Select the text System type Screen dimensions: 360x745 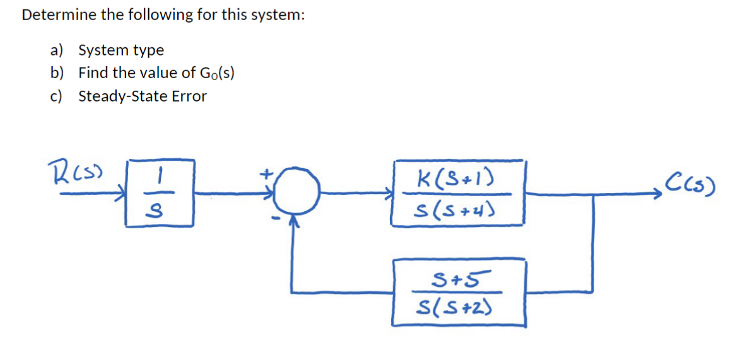120,50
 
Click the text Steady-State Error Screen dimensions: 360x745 142,96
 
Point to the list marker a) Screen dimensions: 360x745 57,50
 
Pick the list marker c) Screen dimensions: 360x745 57,96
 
